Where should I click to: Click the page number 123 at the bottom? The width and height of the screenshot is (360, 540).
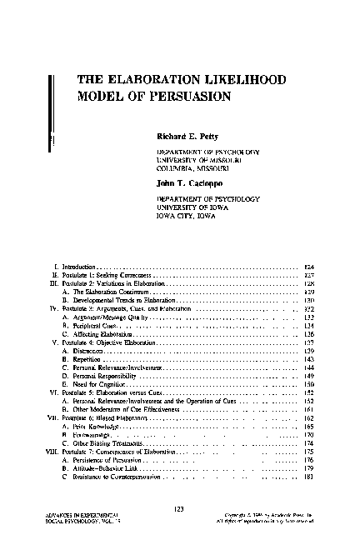(x=179, y=508)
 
